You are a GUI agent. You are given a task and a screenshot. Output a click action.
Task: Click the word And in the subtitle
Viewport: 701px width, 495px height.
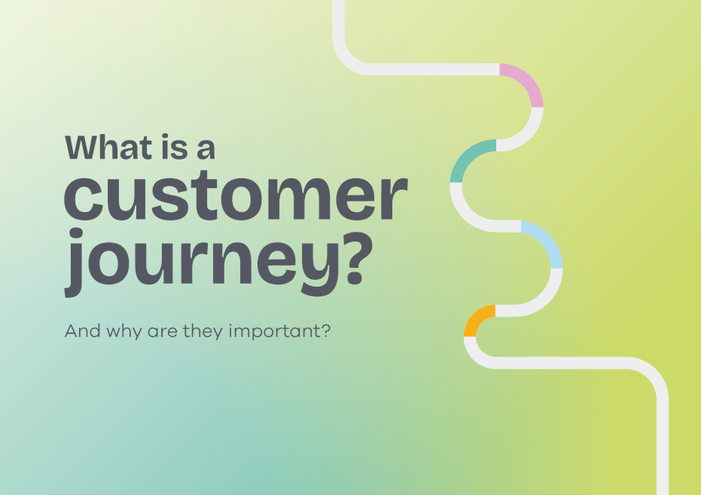pos(81,330)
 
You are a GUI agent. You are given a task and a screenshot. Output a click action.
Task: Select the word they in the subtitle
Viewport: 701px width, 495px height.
pos(205,331)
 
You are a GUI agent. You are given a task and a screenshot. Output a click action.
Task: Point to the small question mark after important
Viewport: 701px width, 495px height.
pos(326,330)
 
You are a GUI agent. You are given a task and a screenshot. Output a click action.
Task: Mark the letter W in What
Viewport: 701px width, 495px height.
pos(83,147)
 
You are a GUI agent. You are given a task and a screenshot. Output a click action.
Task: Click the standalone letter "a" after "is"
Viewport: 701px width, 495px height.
pos(205,149)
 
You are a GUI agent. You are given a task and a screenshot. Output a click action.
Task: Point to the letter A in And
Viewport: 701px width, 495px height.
pos(71,330)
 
